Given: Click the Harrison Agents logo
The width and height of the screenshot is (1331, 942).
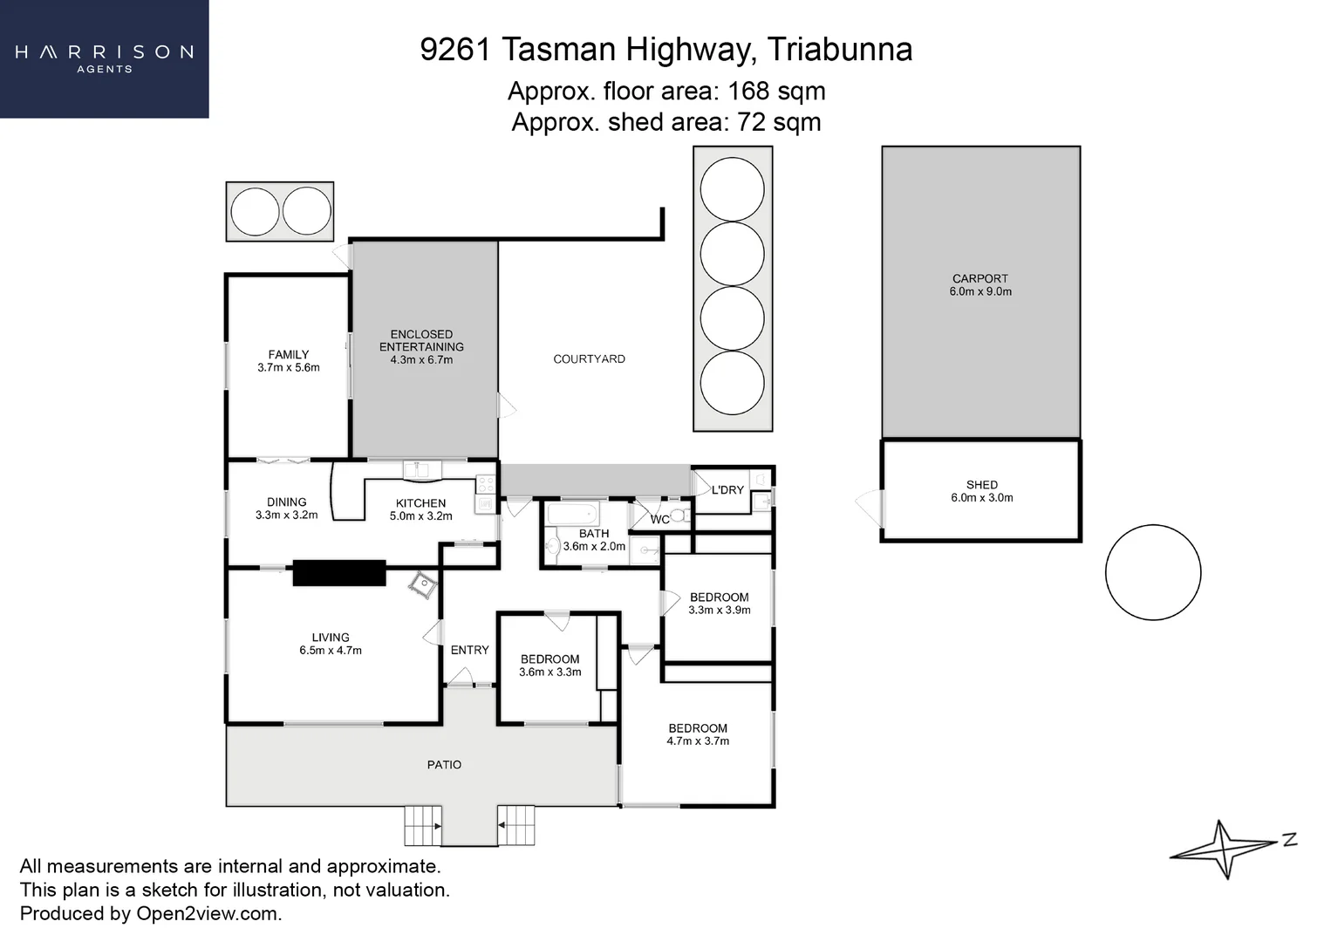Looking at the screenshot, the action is (x=104, y=58).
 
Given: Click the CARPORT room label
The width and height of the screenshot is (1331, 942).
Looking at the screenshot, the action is (x=979, y=278).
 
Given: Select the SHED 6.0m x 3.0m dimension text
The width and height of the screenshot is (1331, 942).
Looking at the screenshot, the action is (x=981, y=498).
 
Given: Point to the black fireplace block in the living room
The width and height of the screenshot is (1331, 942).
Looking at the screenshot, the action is (x=339, y=573).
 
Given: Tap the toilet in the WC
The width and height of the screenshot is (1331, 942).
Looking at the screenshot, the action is (x=679, y=515).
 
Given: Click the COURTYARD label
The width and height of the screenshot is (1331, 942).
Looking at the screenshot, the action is (x=589, y=359).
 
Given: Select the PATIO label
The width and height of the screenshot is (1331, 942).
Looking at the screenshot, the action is (x=444, y=765).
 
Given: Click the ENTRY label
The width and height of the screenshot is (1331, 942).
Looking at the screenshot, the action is (x=469, y=650).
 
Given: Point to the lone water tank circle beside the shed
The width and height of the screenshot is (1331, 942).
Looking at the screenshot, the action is (x=1153, y=572).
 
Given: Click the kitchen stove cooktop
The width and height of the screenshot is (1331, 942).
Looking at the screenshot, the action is (x=486, y=484).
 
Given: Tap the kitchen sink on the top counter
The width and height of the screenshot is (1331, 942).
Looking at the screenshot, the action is (x=422, y=470).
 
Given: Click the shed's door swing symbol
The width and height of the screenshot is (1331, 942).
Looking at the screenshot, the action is (x=870, y=508).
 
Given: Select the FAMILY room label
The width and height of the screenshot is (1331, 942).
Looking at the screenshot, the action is (x=288, y=355).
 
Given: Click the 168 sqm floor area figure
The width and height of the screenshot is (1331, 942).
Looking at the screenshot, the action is (x=776, y=92).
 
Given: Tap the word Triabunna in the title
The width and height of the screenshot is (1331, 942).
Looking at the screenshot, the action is (x=840, y=50).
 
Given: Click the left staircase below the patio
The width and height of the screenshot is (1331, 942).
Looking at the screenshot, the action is (x=422, y=825).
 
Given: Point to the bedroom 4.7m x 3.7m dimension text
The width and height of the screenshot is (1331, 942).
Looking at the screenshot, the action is (x=698, y=741).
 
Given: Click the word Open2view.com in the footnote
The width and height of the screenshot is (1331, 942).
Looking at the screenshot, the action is (x=209, y=913).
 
